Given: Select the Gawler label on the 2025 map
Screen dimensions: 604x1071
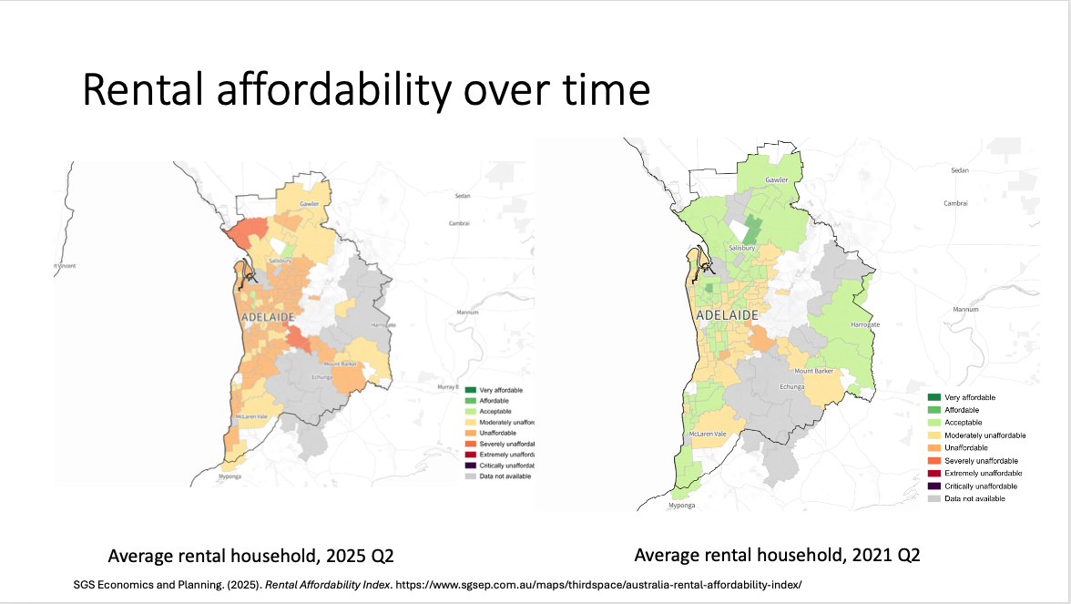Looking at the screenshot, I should coord(310,204).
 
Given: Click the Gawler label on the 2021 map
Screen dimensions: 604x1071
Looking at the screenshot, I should coord(776,180).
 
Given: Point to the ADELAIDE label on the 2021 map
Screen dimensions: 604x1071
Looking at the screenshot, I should coord(727,315).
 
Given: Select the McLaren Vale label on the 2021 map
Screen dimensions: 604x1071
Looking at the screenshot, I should coord(707,435).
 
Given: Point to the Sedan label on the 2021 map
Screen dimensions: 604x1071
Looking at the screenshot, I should coord(960,170).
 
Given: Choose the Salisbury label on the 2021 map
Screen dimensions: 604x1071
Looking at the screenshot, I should coord(742,249).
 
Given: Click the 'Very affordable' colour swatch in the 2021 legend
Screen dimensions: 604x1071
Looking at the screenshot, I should coord(933,397).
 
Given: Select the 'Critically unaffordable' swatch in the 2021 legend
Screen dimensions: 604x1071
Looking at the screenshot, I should coord(933,486).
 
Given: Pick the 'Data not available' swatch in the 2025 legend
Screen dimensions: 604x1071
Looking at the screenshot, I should coord(470,476).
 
